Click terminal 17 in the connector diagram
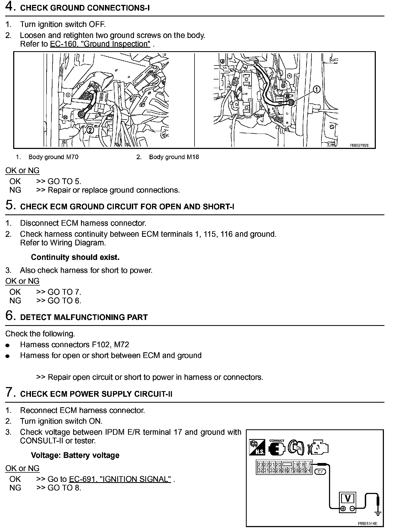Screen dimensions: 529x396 tap(308, 464)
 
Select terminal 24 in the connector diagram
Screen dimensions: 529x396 tap(308, 471)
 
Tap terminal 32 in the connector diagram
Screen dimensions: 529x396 tap(260, 471)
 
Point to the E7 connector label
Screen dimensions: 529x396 tap(320, 472)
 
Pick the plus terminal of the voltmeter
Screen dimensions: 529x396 tap(343, 509)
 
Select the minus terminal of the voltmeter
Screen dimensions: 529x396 tap(352, 509)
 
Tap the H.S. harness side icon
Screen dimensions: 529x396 tap(257, 448)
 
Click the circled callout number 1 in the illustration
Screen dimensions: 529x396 tap(317, 89)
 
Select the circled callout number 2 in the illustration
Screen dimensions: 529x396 tap(90, 130)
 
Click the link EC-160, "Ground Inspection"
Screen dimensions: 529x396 tap(100, 44)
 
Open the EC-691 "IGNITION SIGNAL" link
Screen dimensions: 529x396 tap(120, 479)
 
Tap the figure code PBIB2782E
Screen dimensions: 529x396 tap(359, 145)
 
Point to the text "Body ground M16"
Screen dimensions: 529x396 tap(174, 157)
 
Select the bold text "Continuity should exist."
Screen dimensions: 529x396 tap(75, 257)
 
